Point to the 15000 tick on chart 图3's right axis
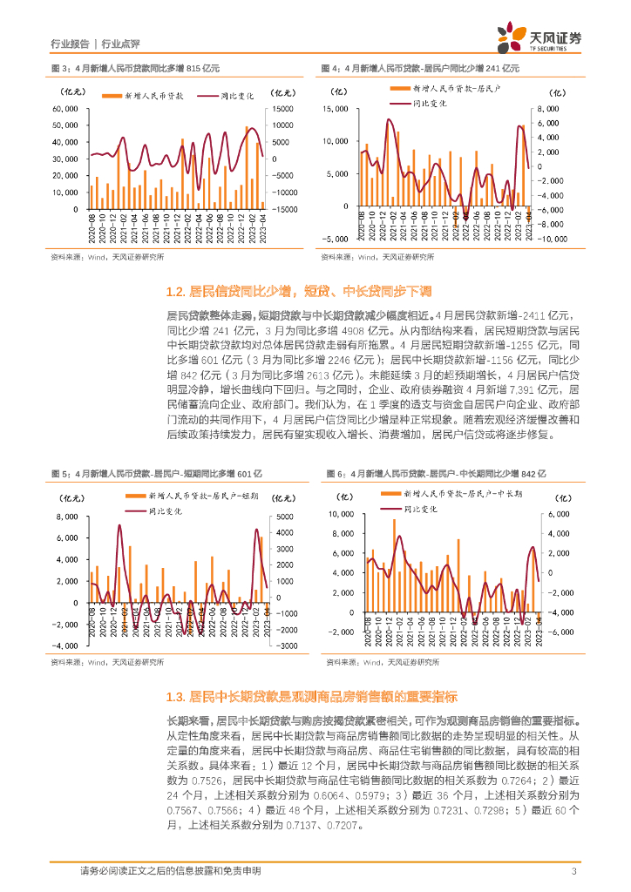click(x=284, y=109)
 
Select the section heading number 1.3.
click(x=174, y=697)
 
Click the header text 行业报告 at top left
click(x=71, y=44)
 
